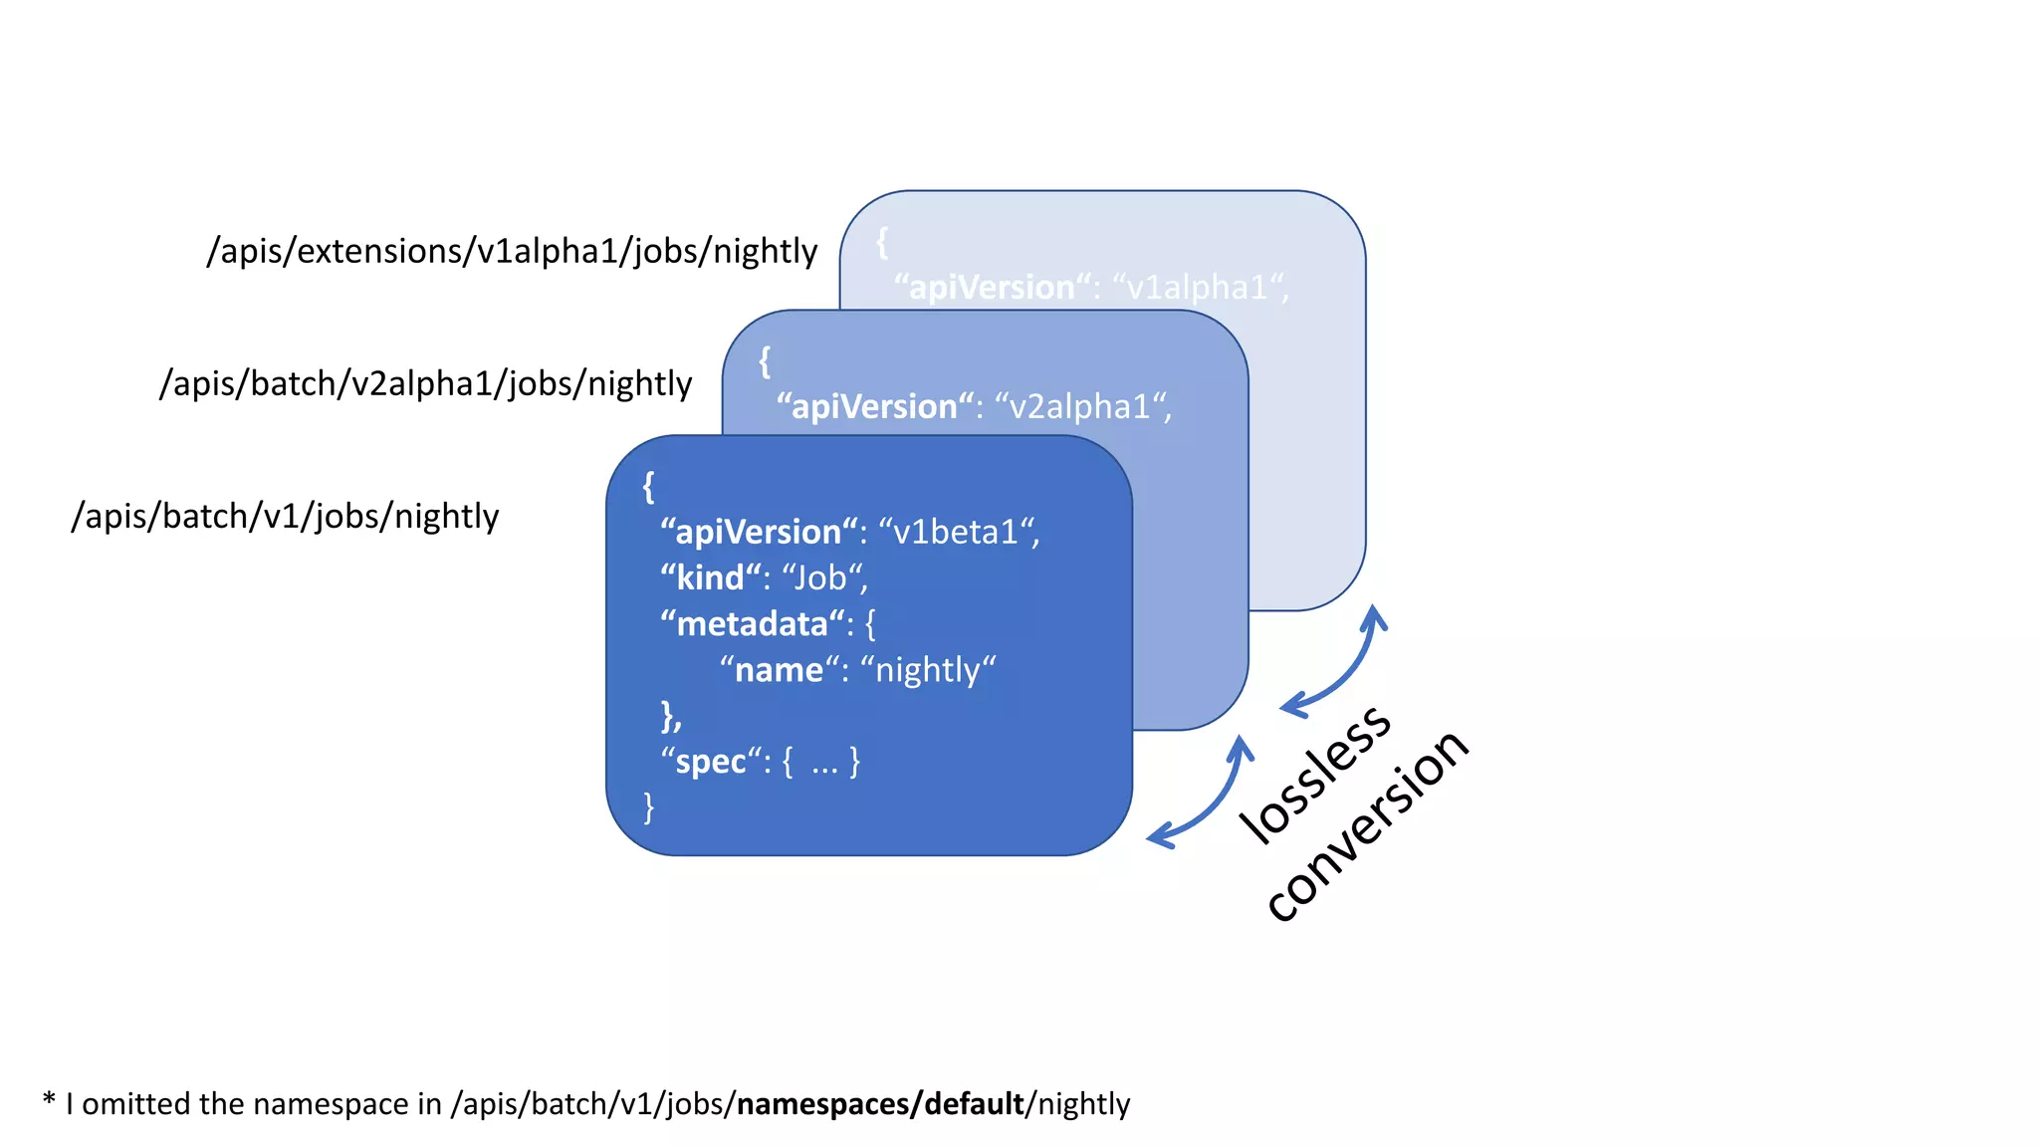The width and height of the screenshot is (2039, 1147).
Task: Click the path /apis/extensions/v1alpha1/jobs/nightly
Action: point(512,251)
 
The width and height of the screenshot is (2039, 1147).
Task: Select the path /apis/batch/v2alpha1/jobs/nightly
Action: point(425,383)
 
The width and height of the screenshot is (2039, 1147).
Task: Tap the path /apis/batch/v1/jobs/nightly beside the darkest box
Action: point(285,516)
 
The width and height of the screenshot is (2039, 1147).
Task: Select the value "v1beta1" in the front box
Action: point(955,533)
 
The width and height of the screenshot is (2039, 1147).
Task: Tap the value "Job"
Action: point(819,578)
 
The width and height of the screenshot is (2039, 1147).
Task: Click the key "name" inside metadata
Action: point(779,670)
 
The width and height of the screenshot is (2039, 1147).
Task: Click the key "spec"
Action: point(710,762)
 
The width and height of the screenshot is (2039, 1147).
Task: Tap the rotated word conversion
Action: point(1367,825)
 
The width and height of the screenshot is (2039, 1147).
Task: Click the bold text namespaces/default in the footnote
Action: point(880,1104)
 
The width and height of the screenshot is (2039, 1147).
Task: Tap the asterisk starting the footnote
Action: point(49,1100)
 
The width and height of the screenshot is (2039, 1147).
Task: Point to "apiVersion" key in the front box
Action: point(759,533)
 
